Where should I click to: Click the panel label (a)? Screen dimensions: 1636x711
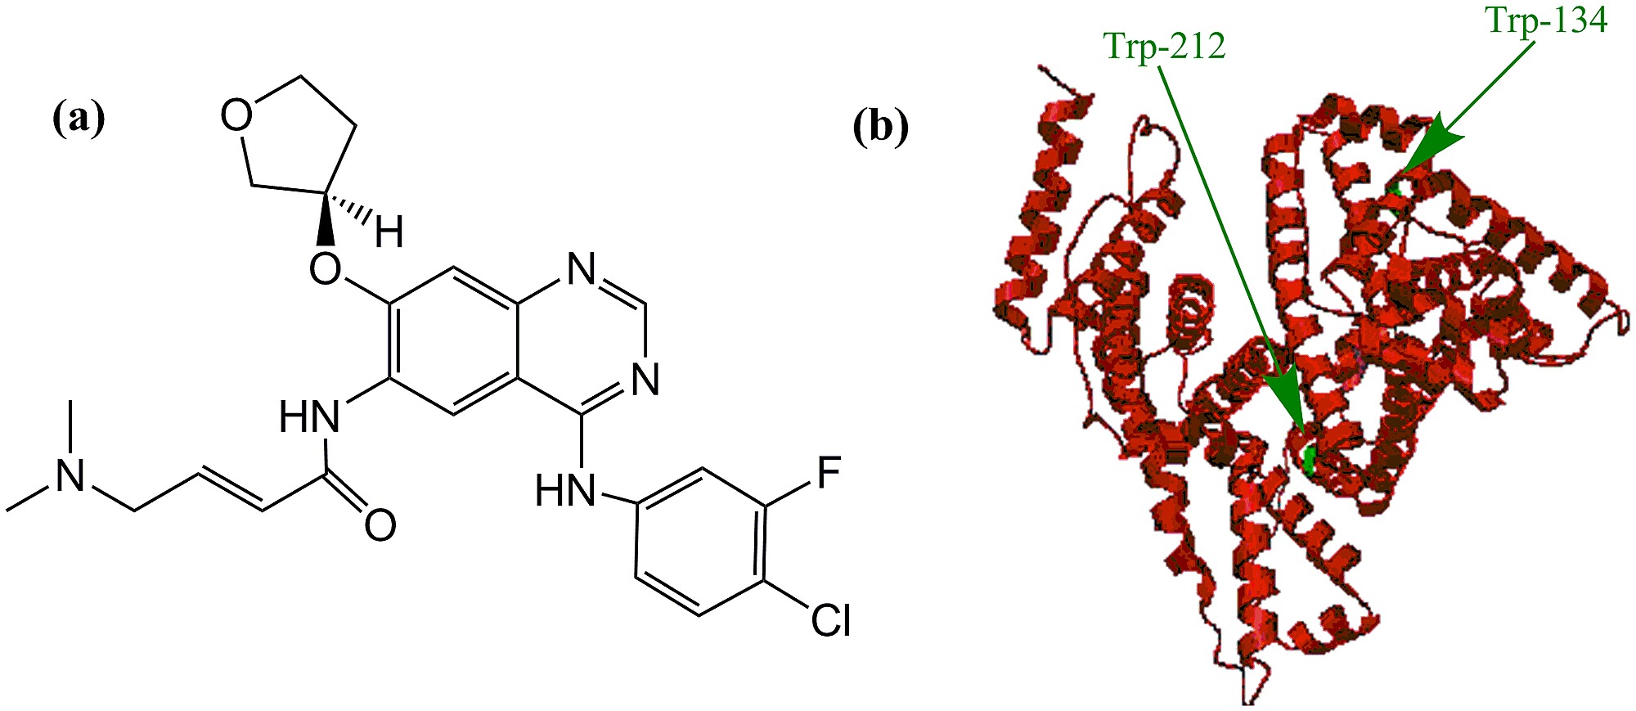[x=79, y=119]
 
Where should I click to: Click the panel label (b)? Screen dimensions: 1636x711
[x=881, y=128]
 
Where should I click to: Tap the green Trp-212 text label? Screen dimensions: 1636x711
[x=1165, y=47]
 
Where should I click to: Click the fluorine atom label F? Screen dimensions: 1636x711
[x=829, y=474]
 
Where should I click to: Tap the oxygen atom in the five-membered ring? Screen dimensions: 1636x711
[x=236, y=116]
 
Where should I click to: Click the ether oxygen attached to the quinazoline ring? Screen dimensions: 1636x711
[x=326, y=268]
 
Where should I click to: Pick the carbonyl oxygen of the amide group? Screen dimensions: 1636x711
[x=380, y=526]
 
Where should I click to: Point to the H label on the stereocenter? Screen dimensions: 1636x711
[x=389, y=233]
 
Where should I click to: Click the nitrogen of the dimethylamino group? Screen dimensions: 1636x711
[x=70, y=476]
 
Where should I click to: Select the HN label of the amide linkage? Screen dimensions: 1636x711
[x=309, y=418]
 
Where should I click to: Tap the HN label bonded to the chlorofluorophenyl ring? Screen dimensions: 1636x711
[x=565, y=492]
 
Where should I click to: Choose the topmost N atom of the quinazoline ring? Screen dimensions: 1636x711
[x=582, y=268]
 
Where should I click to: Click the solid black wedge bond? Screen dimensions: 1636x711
[x=326, y=219]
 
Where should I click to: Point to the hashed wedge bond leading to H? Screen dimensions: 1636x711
[x=353, y=208]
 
